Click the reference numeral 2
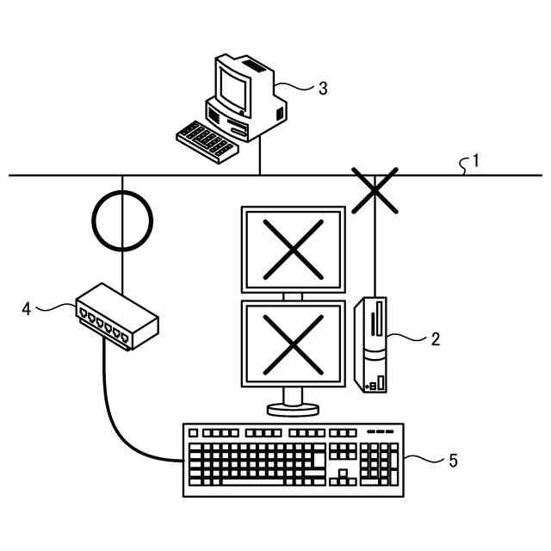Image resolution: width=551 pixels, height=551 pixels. click(x=435, y=339)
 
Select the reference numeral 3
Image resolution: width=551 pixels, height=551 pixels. click(x=322, y=88)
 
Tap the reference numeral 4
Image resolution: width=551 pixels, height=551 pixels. click(x=27, y=307)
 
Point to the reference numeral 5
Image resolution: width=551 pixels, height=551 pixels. click(x=453, y=460)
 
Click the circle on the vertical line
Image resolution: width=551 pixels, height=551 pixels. click(x=122, y=220)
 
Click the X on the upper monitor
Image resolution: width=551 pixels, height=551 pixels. click(x=293, y=248)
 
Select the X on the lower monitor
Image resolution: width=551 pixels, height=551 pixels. click(x=293, y=341)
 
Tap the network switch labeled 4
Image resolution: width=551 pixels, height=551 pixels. click(x=117, y=317)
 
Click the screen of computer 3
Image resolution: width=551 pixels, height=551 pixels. click(x=232, y=85)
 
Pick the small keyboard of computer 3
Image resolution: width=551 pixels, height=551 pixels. click(x=204, y=141)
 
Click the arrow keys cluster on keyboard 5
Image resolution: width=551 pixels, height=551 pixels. click(x=342, y=476)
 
